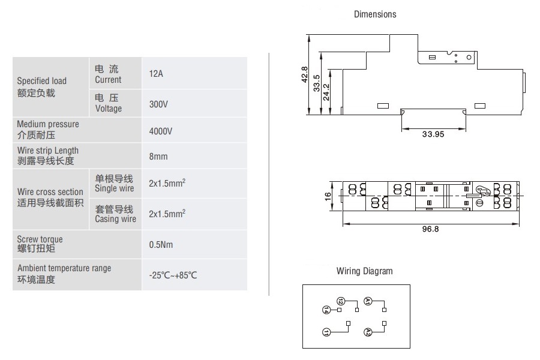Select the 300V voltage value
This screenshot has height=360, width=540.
tap(158, 104)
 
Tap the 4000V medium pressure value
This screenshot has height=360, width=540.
tap(160, 130)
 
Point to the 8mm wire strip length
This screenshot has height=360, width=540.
tap(158, 157)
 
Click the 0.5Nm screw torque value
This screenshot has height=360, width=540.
tap(161, 245)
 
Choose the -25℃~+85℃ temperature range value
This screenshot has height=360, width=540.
tap(173, 275)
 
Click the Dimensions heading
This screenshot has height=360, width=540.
tap(374, 14)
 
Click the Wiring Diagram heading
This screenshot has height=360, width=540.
tap(364, 271)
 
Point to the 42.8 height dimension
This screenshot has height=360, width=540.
tap(304, 75)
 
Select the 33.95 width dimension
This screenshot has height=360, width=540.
tap(433, 134)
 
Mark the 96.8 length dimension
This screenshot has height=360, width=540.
tap(430, 229)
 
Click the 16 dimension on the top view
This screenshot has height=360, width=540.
tap(328, 197)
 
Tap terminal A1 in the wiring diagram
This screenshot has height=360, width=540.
tap(368, 301)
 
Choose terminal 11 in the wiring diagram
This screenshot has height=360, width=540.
tap(326, 331)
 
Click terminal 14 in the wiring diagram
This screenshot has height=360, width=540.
tap(326, 310)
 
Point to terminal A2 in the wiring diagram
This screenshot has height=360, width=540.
tap(368, 332)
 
